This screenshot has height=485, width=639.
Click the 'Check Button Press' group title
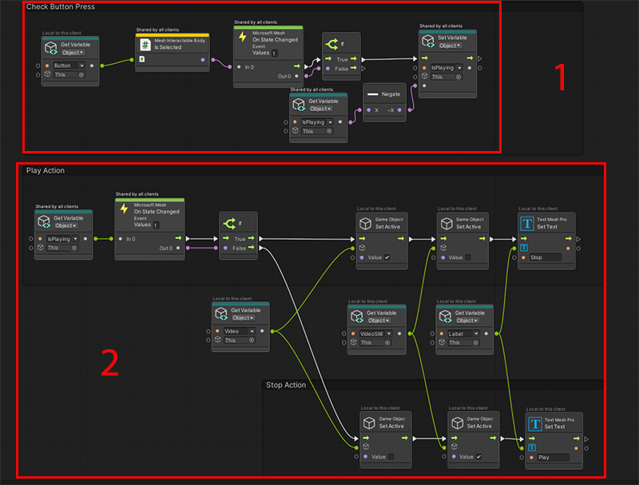pos(61,7)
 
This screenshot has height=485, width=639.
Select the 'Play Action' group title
pos(46,170)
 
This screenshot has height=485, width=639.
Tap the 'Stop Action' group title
pos(286,385)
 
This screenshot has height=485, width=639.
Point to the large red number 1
pos(561,77)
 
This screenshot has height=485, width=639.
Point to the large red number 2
pos(111,364)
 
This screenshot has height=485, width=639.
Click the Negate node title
pos(391,93)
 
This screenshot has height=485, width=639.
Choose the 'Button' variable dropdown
pos(69,65)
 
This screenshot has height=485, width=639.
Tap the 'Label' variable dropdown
pos(464,334)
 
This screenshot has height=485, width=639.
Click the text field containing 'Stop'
pos(546,257)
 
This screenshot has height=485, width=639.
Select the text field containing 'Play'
pos(553,458)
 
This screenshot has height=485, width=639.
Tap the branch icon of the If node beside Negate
pos(332,45)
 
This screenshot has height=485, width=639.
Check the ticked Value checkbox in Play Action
pos(387,257)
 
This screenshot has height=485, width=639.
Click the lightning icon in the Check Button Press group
pos(243,37)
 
